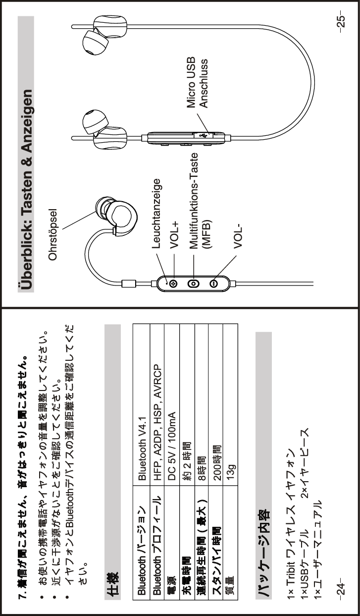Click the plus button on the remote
(x=173, y=283)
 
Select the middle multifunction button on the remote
(x=193, y=283)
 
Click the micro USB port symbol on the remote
(x=203, y=134)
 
